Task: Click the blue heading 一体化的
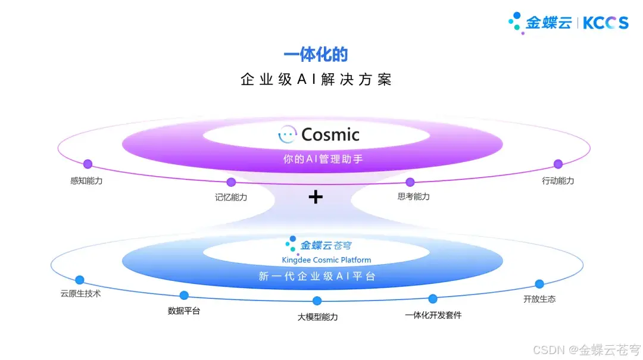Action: coord(316,55)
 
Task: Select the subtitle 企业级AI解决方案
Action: coord(316,79)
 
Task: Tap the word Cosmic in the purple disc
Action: coord(330,134)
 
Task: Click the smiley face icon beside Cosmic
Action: coord(288,134)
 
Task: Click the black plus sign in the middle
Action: coord(316,197)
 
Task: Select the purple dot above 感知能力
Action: coord(88,164)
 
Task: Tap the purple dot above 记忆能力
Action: coord(231,182)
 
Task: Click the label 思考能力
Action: coord(413,196)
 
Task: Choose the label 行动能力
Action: coord(558,180)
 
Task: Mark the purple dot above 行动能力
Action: coord(558,164)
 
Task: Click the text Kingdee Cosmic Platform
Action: coord(326,260)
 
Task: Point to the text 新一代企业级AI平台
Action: coord(317,277)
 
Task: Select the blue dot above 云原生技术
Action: coord(80,280)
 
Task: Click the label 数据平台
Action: coord(184,311)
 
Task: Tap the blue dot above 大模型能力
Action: coord(317,301)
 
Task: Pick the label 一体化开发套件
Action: coord(433,315)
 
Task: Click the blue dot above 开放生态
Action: coord(539,284)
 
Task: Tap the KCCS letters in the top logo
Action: coord(605,23)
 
